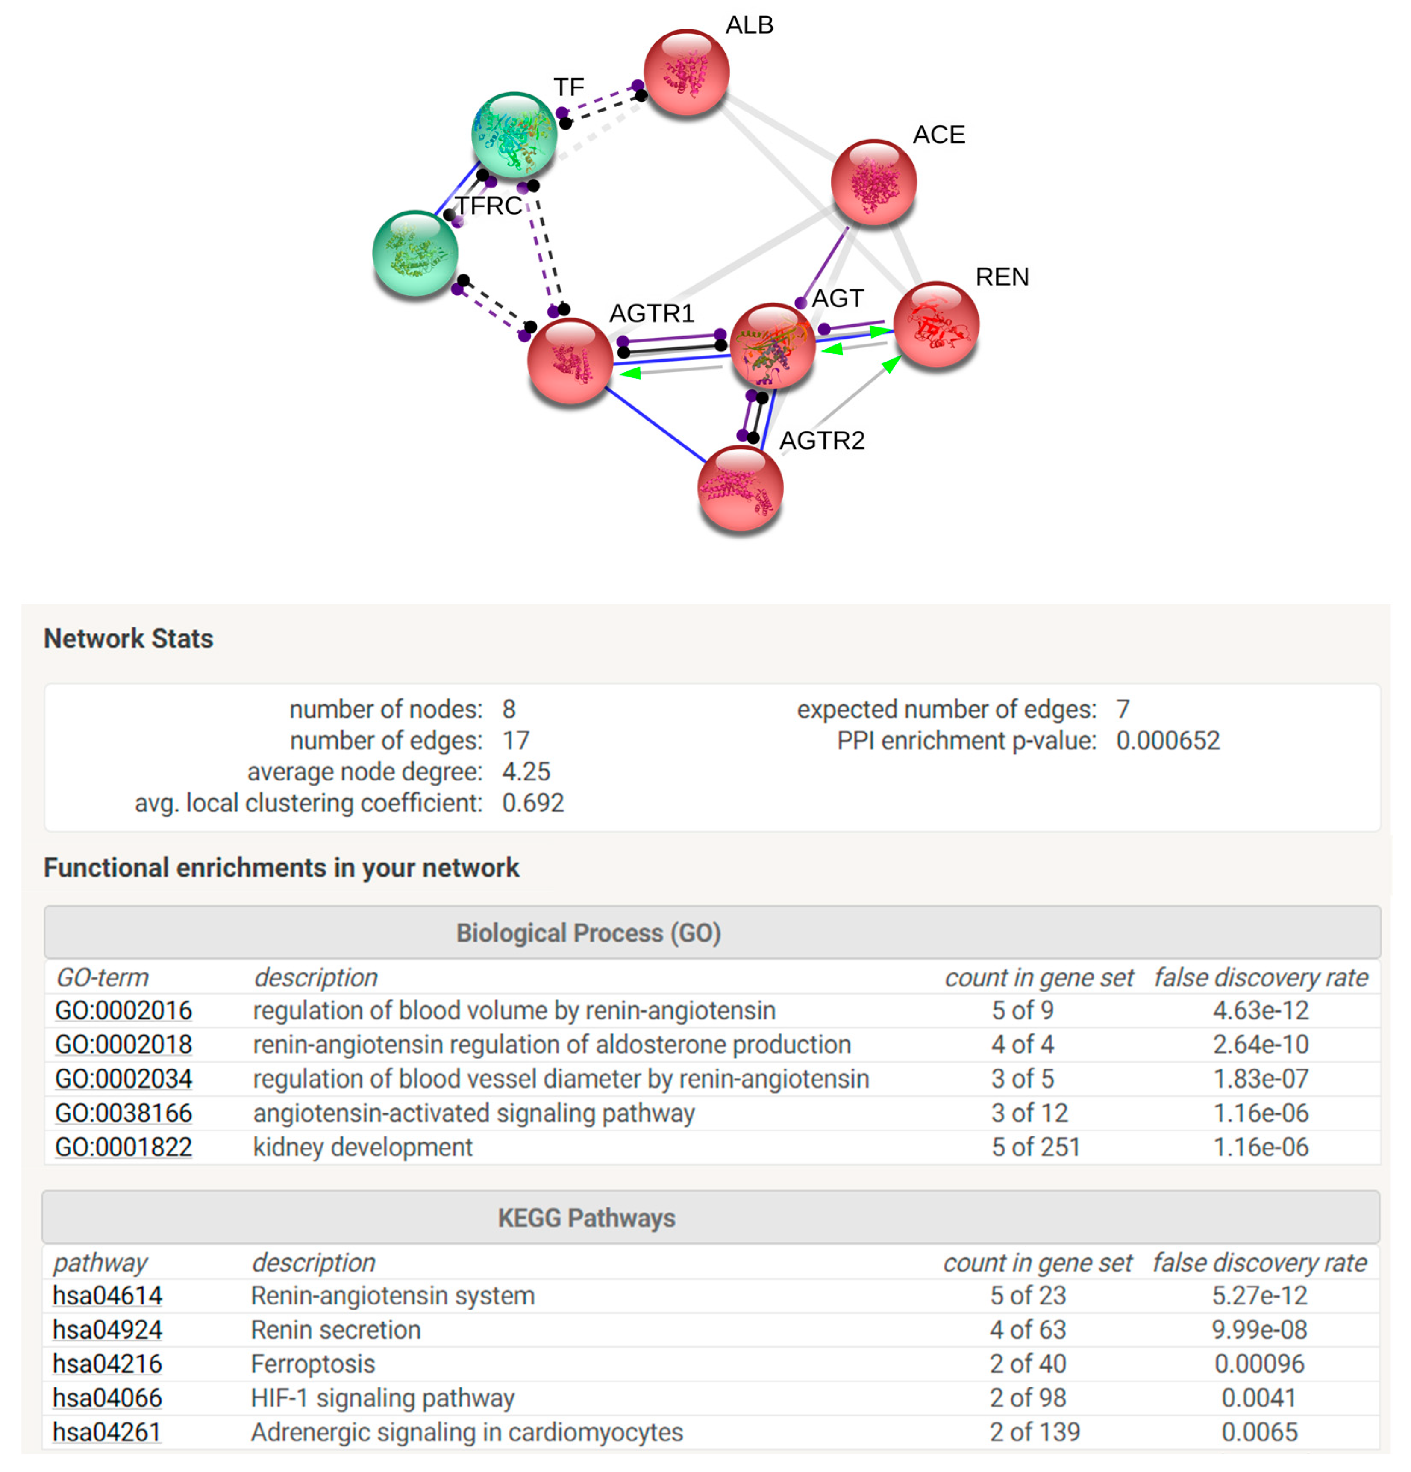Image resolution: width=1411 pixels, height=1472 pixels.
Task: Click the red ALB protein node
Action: click(685, 72)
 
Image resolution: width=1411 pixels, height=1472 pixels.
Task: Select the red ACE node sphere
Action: click(873, 182)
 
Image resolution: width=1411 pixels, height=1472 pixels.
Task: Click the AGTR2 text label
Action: click(822, 440)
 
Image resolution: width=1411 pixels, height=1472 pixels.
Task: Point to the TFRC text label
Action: click(489, 205)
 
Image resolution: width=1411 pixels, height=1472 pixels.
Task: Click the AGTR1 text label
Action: click(651, 313)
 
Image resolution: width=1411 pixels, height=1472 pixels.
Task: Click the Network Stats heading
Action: click(129, 639)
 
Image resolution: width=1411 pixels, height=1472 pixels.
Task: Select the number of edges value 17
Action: click(516, 741)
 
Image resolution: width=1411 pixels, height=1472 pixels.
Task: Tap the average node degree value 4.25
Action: click(526, 771)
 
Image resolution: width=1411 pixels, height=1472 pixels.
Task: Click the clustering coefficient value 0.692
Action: click(532, 803)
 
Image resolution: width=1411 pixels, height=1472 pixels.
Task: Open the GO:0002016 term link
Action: click(124, 1010)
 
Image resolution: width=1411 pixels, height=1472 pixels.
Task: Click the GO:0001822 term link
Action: click(124, 1147)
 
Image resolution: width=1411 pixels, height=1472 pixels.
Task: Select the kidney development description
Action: click(363, 1147)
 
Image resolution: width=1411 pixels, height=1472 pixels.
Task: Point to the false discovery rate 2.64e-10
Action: click(1260, 1044)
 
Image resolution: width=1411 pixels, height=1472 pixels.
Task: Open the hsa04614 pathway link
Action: click(107, 1295)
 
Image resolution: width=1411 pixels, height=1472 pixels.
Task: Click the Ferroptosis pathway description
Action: click(313, 1364)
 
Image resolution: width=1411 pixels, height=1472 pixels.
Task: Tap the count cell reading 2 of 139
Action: click(1034, 1432)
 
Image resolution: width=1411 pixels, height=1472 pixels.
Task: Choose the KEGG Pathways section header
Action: click(586, 1217)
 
